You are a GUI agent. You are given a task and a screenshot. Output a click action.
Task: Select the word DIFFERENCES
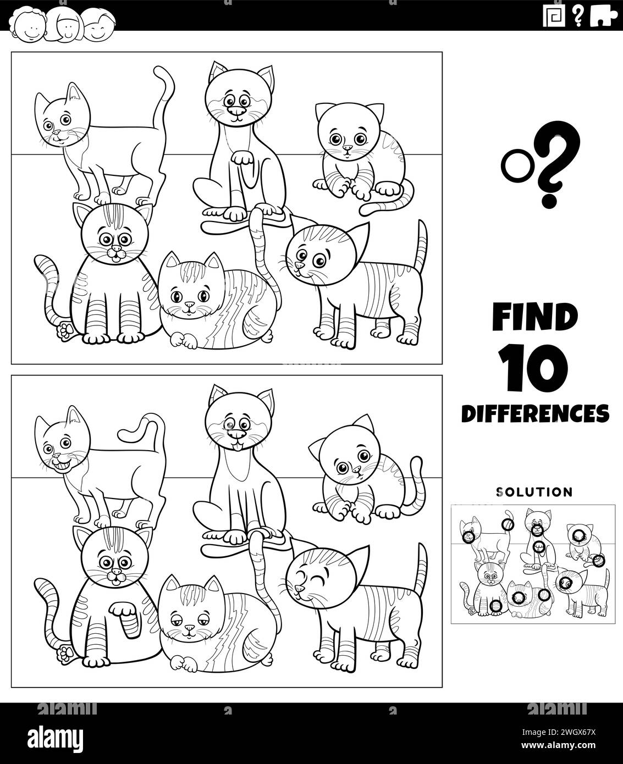(x=534, y=412)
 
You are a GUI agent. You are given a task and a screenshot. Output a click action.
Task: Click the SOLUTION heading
(x=534, y=491)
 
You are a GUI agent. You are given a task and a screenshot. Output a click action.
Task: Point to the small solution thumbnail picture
(x=533, y=564)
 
